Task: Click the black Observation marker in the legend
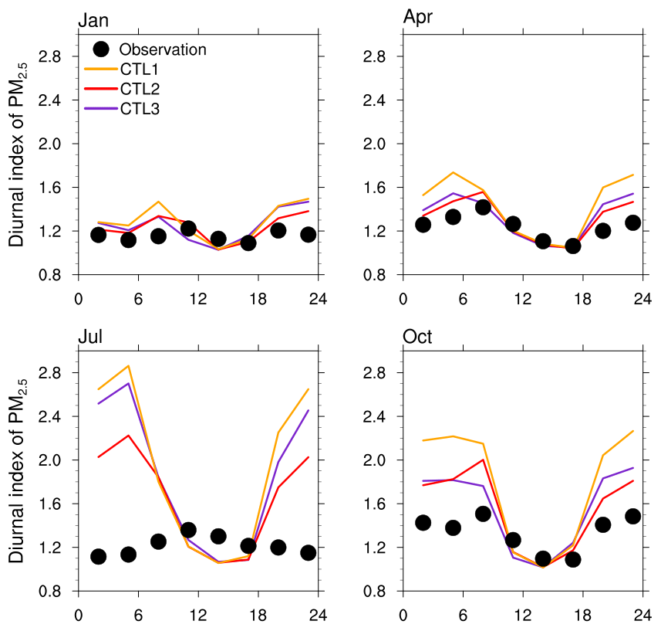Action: [x=100, y=49]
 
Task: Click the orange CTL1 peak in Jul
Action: [x=128, y=365]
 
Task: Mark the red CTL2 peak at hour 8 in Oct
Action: [x=483, y=460]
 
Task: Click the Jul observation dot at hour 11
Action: [x=188, y=530]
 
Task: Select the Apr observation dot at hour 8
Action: [x=483, y=207]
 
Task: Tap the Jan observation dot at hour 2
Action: [x=98, y=234]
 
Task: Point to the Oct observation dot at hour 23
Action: [x=633, y=516]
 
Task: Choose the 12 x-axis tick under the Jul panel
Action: [x=198, y=616]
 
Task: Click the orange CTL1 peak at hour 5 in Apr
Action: [x=453, y=172]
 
